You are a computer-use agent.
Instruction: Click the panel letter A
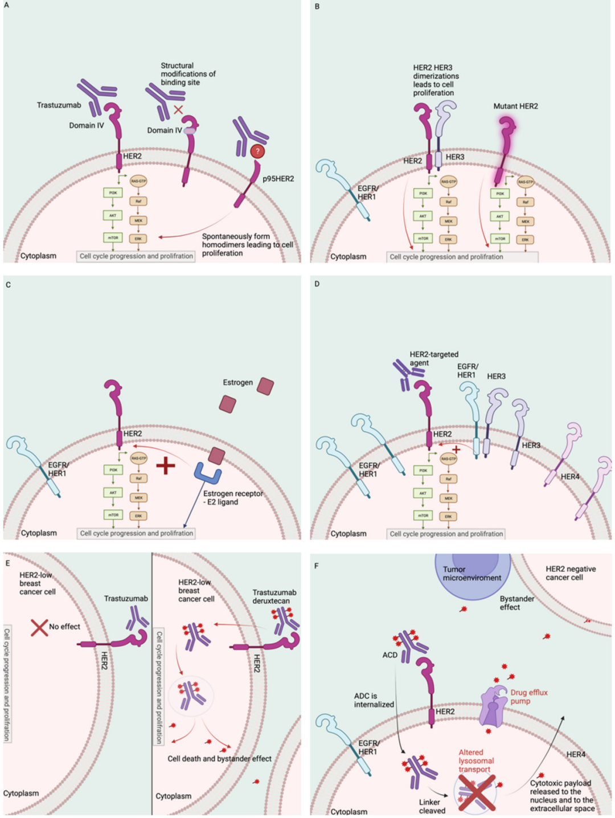[6, 5]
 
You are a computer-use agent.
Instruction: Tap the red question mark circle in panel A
[257, 152]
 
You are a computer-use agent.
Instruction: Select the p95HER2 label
[278, 178]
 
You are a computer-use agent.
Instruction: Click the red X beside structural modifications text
[178, 109]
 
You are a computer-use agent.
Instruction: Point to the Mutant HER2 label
[515, 106]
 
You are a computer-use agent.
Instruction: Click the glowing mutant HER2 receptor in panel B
[504, 142]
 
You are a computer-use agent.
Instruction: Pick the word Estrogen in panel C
[237, 382]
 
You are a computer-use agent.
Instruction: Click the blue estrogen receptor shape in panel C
[208, 473]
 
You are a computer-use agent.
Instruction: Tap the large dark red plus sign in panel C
[165, 465]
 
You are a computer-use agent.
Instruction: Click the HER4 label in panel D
[569, 476]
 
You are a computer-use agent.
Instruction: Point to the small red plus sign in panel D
[456, 450]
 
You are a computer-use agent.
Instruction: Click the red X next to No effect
[39, 627]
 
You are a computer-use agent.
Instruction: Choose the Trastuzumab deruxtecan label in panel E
[274, 596]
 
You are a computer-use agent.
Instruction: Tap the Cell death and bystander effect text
[219, 759]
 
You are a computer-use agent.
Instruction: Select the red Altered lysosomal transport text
[476, 760]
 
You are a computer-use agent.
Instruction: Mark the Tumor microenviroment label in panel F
[472, 573]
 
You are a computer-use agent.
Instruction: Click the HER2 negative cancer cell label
[570, 573]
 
